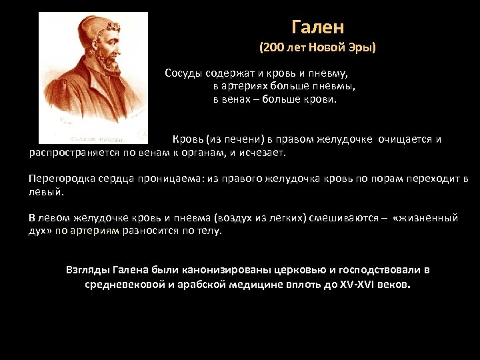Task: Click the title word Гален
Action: tap(317, 27)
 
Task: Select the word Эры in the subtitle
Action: tap(361, 49)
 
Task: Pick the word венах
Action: tap(237, 99)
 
